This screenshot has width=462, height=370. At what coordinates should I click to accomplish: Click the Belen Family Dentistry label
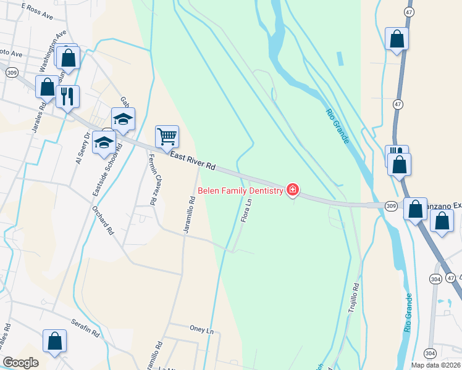click(x=240, y=191)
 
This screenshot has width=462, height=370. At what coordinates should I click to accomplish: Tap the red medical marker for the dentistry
click(x=292, y=190)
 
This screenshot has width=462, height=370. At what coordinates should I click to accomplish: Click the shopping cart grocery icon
click(x=167, y=136)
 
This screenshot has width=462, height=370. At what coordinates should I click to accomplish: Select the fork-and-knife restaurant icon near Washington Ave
click(x=67, y=96)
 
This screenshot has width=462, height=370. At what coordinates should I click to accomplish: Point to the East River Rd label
click(x=193, y=162)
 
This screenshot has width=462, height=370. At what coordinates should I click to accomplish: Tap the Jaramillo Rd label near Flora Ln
click(x=190, y=215)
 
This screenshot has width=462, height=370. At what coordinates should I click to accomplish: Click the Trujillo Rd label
click(x=355, y=296)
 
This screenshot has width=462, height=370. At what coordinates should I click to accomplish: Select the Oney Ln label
click(x=201, y=329)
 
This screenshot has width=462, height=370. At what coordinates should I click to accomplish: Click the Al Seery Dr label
click(x=82, y=148)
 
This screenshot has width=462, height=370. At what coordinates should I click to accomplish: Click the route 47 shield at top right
click(x=408, y=12)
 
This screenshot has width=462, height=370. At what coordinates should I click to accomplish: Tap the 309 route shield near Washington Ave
click(x=10, y=72)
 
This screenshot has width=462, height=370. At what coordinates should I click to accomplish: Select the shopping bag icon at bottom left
click(x=54, y=342)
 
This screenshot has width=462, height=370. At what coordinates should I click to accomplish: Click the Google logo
click(x=20, y=363)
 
